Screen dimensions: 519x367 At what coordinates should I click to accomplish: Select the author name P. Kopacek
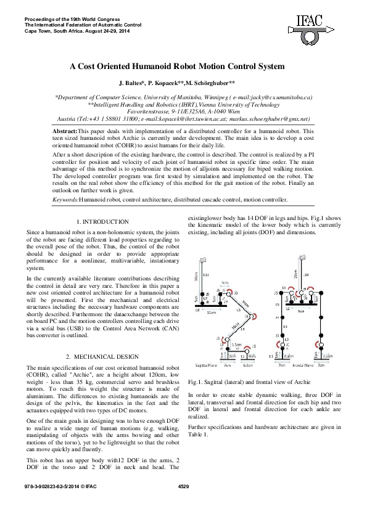tap(176, 83)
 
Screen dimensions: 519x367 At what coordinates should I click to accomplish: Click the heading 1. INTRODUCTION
tap(102, 221)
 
